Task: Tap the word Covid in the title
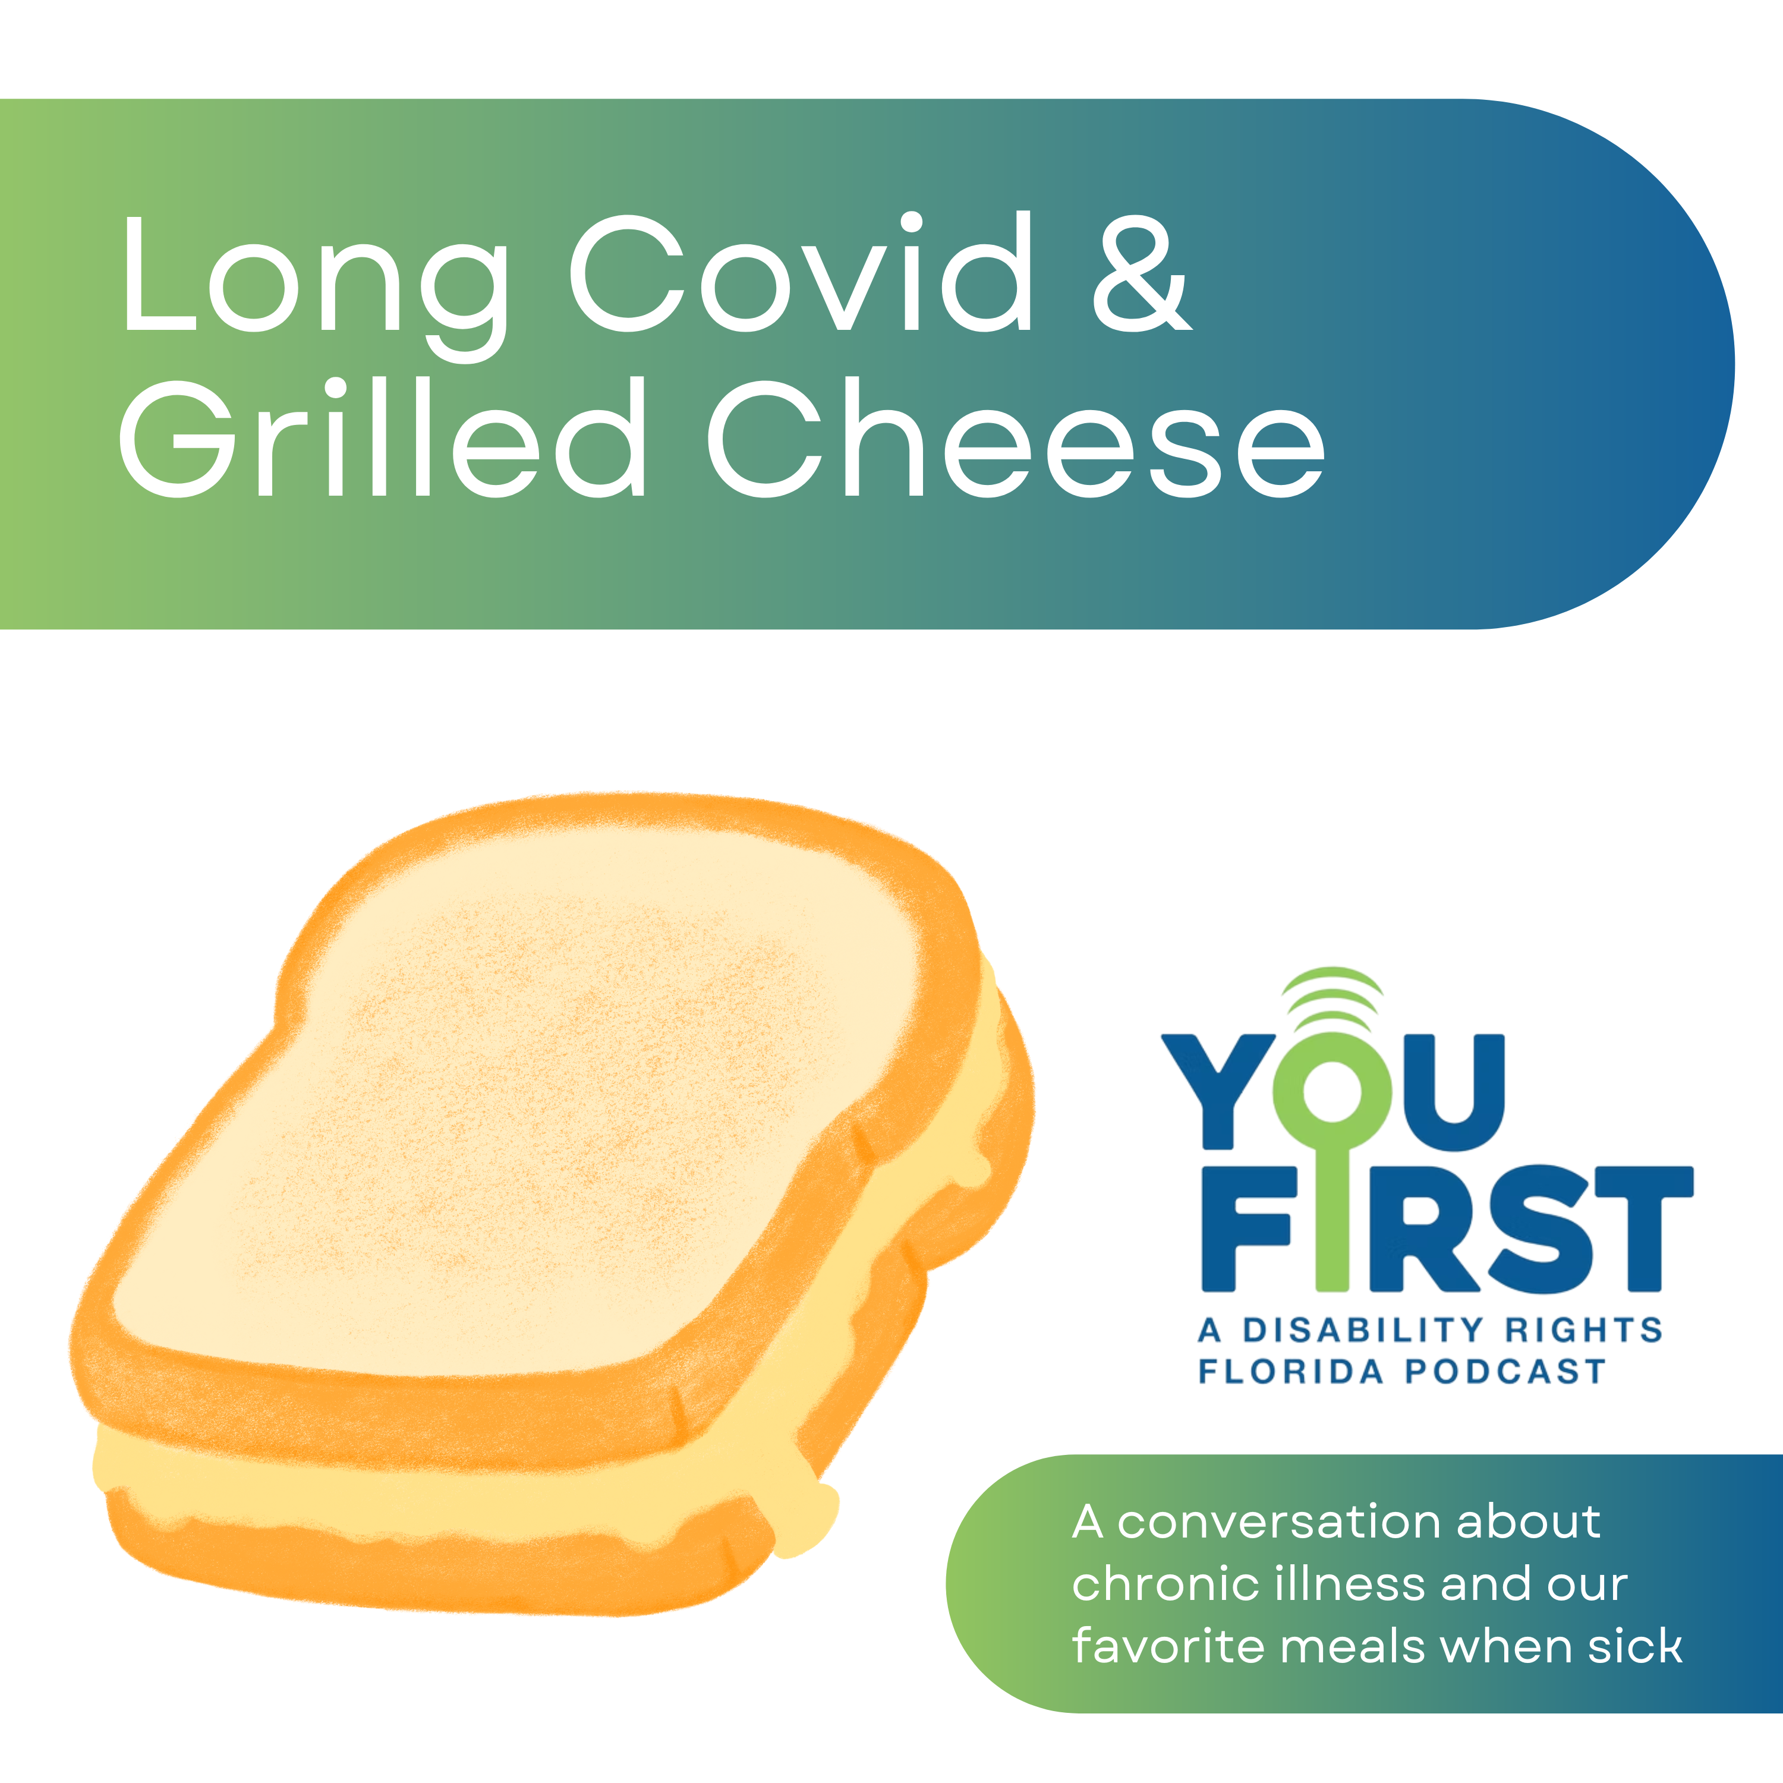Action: pos(800,272)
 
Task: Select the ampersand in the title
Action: pos(1142,274)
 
